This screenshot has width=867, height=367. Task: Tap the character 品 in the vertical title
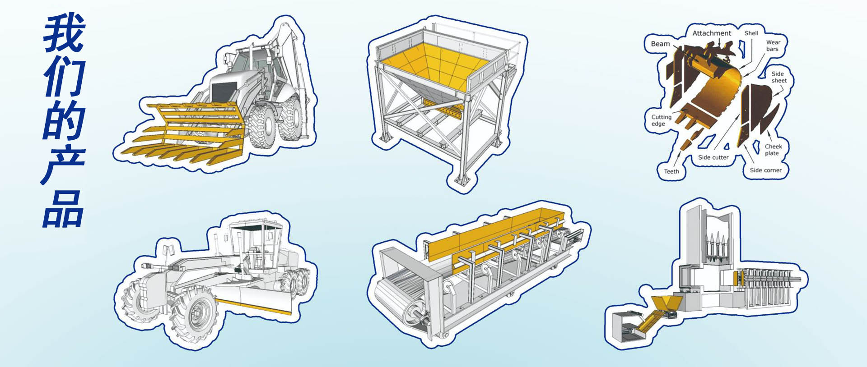click(63, 209)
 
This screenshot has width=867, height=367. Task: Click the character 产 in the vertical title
click(63, 164)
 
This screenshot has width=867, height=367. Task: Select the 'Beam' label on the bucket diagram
click(660, 44)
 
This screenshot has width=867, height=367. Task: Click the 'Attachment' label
click(712, 33)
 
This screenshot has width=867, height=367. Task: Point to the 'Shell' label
click(751, 33)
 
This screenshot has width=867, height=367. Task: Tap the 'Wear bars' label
click(773, 46)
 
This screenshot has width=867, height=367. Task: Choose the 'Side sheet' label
click(778, 77)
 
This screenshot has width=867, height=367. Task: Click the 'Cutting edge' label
click(661, 120)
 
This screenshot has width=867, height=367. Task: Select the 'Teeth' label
click(671, 171)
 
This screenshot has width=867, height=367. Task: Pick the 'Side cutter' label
click(713, 157)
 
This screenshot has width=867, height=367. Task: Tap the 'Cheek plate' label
click(773, 150)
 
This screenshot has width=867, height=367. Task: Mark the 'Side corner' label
click(766, 170)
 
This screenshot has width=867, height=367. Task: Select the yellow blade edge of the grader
click(253, 305)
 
